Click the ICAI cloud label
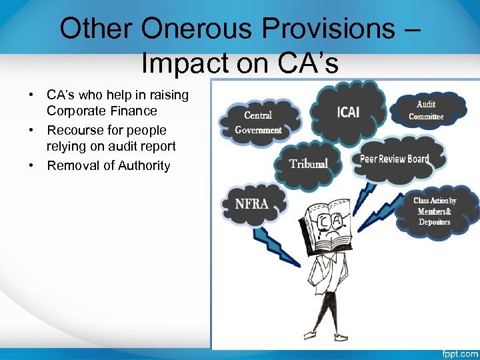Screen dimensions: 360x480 348,111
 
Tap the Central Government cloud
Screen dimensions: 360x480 258,123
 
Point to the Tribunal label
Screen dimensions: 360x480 308,163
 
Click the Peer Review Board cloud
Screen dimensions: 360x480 394,159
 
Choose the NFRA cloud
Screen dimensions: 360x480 252,204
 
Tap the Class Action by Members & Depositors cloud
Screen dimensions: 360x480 435,211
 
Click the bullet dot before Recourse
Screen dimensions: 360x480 31,130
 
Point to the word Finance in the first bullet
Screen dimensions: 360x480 136,111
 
